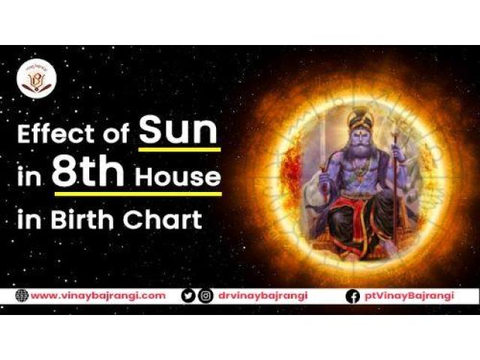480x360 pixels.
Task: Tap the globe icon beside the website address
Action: pos(21,295)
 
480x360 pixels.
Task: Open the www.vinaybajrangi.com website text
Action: pos(97,295)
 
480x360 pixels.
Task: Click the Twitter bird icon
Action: pos(189,295)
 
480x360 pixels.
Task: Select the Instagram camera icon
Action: pos(205,295)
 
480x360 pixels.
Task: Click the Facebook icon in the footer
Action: pos(352,295)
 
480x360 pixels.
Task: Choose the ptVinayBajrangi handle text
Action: pos(410,295)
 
